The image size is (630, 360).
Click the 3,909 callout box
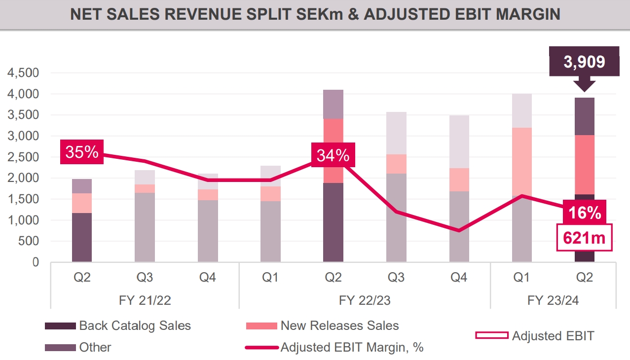coord(584,62)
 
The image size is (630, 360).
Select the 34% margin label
coord(333,155)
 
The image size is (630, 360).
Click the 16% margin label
coord(584,213)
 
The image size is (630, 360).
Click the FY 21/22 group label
coord(145,300)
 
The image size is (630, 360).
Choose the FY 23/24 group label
coord(553,300)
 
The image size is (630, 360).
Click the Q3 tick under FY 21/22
coord(145,278)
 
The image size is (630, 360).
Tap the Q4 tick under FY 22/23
coord(459,278)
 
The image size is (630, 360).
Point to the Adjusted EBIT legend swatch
coord(491,336)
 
